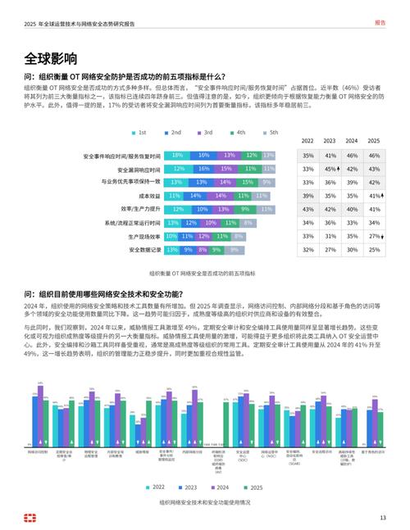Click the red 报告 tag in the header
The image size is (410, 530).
[380, 23]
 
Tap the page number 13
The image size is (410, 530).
[382, 517]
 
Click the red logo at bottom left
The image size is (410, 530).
[30, 517]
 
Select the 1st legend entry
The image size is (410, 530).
[139, 132]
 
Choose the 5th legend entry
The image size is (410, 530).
[270, 132]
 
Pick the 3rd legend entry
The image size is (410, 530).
[204, 132]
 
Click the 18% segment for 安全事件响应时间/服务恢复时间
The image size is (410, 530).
[177, 155]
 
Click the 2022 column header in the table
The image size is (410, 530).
[307, 141]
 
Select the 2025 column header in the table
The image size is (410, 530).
[374, 141]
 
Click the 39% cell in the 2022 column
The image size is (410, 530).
[307, 196]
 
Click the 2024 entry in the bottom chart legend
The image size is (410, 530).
[222, 487]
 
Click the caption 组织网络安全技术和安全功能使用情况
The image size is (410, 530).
[204, 501]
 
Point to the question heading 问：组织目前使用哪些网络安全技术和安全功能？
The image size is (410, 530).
[115, 292]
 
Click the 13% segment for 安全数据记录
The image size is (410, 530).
[172, 250]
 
